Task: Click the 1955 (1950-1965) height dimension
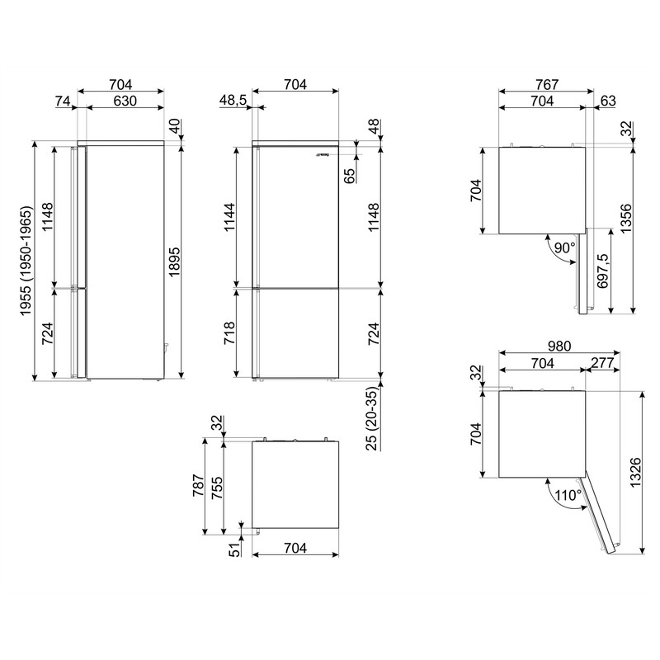click(26, 261)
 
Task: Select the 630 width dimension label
click(125, 101)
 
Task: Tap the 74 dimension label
click(63, 101)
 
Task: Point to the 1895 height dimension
click(174, 262)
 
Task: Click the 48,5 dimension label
click(233, 101)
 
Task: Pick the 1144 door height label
click(229, 217)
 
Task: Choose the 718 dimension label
click(229, 333)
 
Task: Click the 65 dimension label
click(350, 176)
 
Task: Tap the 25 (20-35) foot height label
click(373, 418)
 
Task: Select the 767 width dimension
click(547, 85)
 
